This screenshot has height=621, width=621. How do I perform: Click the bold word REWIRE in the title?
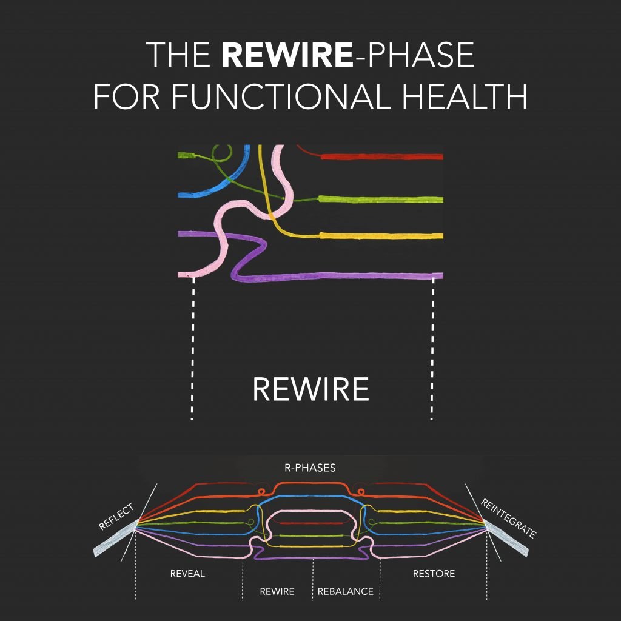tap(286, 55)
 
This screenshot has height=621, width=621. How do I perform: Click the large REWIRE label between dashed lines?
tap(310, 389)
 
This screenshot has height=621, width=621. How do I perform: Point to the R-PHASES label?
tap(310, 468)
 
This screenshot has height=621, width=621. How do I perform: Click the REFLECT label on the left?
tap(116, 517)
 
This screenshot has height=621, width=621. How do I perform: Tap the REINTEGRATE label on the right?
tap(508, 518)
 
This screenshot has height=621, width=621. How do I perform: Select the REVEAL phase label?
tap(187, 574)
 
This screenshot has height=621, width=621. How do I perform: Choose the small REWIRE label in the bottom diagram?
tap(277, 591)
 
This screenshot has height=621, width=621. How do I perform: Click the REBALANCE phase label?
tap(346, 591)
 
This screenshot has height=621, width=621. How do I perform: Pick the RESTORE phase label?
tap(434, 574)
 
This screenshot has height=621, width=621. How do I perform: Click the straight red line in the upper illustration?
tap(382, 157)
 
